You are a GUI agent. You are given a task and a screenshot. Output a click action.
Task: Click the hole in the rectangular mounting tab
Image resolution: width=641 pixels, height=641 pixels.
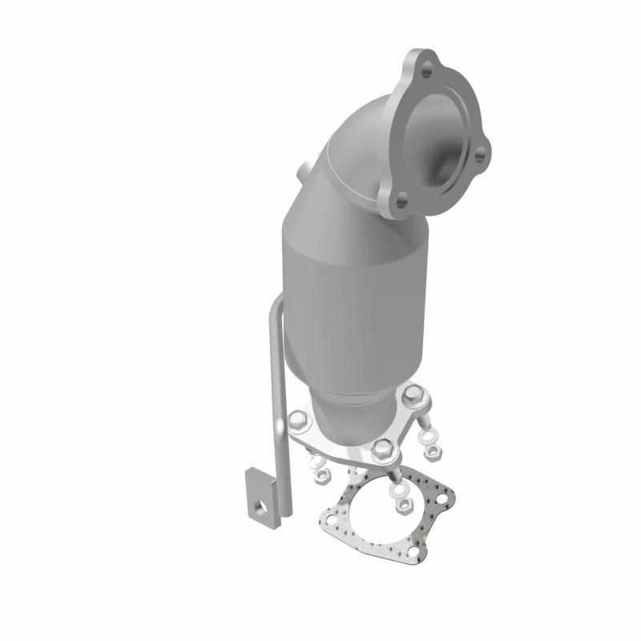pyautogui.click(x=260, y=507)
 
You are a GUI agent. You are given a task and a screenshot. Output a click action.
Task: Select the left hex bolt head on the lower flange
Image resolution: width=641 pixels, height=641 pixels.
pyautogui.click(x=297, y=419)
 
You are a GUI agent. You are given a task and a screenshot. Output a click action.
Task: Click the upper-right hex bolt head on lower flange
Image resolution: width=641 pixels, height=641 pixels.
pyautogui.click(x=413, y=394)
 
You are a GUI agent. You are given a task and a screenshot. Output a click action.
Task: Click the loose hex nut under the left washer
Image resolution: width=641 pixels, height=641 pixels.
pyautogui.click(x=321, y=475)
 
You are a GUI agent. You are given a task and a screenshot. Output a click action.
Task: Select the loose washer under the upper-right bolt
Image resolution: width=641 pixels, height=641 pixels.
pyautogui.click(x=428, y=436)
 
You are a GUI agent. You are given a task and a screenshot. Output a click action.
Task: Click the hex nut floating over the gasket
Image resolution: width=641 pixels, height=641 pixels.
pyautogui.click(x=404, y=505)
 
